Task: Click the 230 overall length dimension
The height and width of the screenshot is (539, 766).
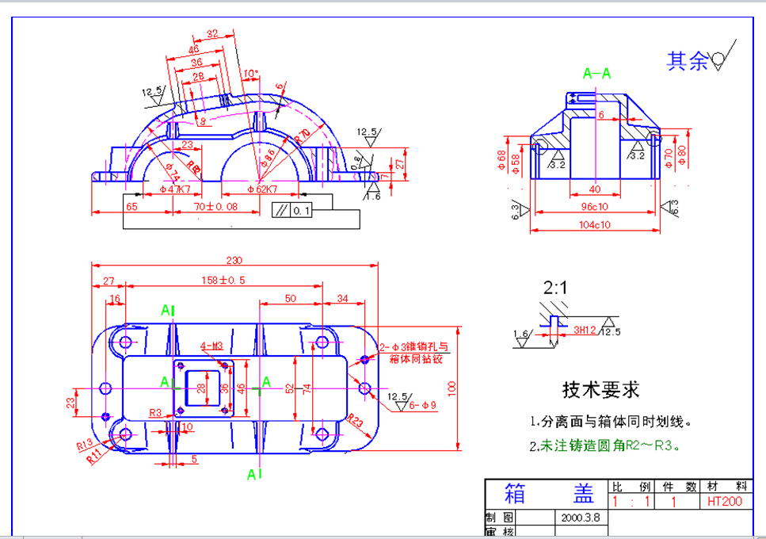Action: (235, 259)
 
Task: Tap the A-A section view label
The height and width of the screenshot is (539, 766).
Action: (597, 73)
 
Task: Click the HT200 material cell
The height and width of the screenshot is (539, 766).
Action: (724, 501)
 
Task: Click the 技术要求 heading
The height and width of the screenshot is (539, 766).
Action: (600, 389)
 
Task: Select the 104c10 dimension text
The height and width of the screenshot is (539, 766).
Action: (594, 225)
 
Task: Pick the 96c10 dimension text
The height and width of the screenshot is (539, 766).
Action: (594, 207)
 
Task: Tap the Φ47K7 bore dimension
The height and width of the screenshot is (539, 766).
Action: (174, 189)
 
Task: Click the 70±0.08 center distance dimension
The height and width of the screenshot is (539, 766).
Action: (215, 206)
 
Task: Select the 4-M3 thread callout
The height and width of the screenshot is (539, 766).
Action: (212, 346)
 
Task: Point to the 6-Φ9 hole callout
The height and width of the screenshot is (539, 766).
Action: (424, 405)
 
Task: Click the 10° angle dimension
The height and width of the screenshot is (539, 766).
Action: (250, 74)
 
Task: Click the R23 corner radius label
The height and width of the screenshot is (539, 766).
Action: (355, 421)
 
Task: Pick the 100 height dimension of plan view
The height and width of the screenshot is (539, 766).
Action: (452, 387)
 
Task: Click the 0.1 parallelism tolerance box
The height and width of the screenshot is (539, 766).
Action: (301, 211)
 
